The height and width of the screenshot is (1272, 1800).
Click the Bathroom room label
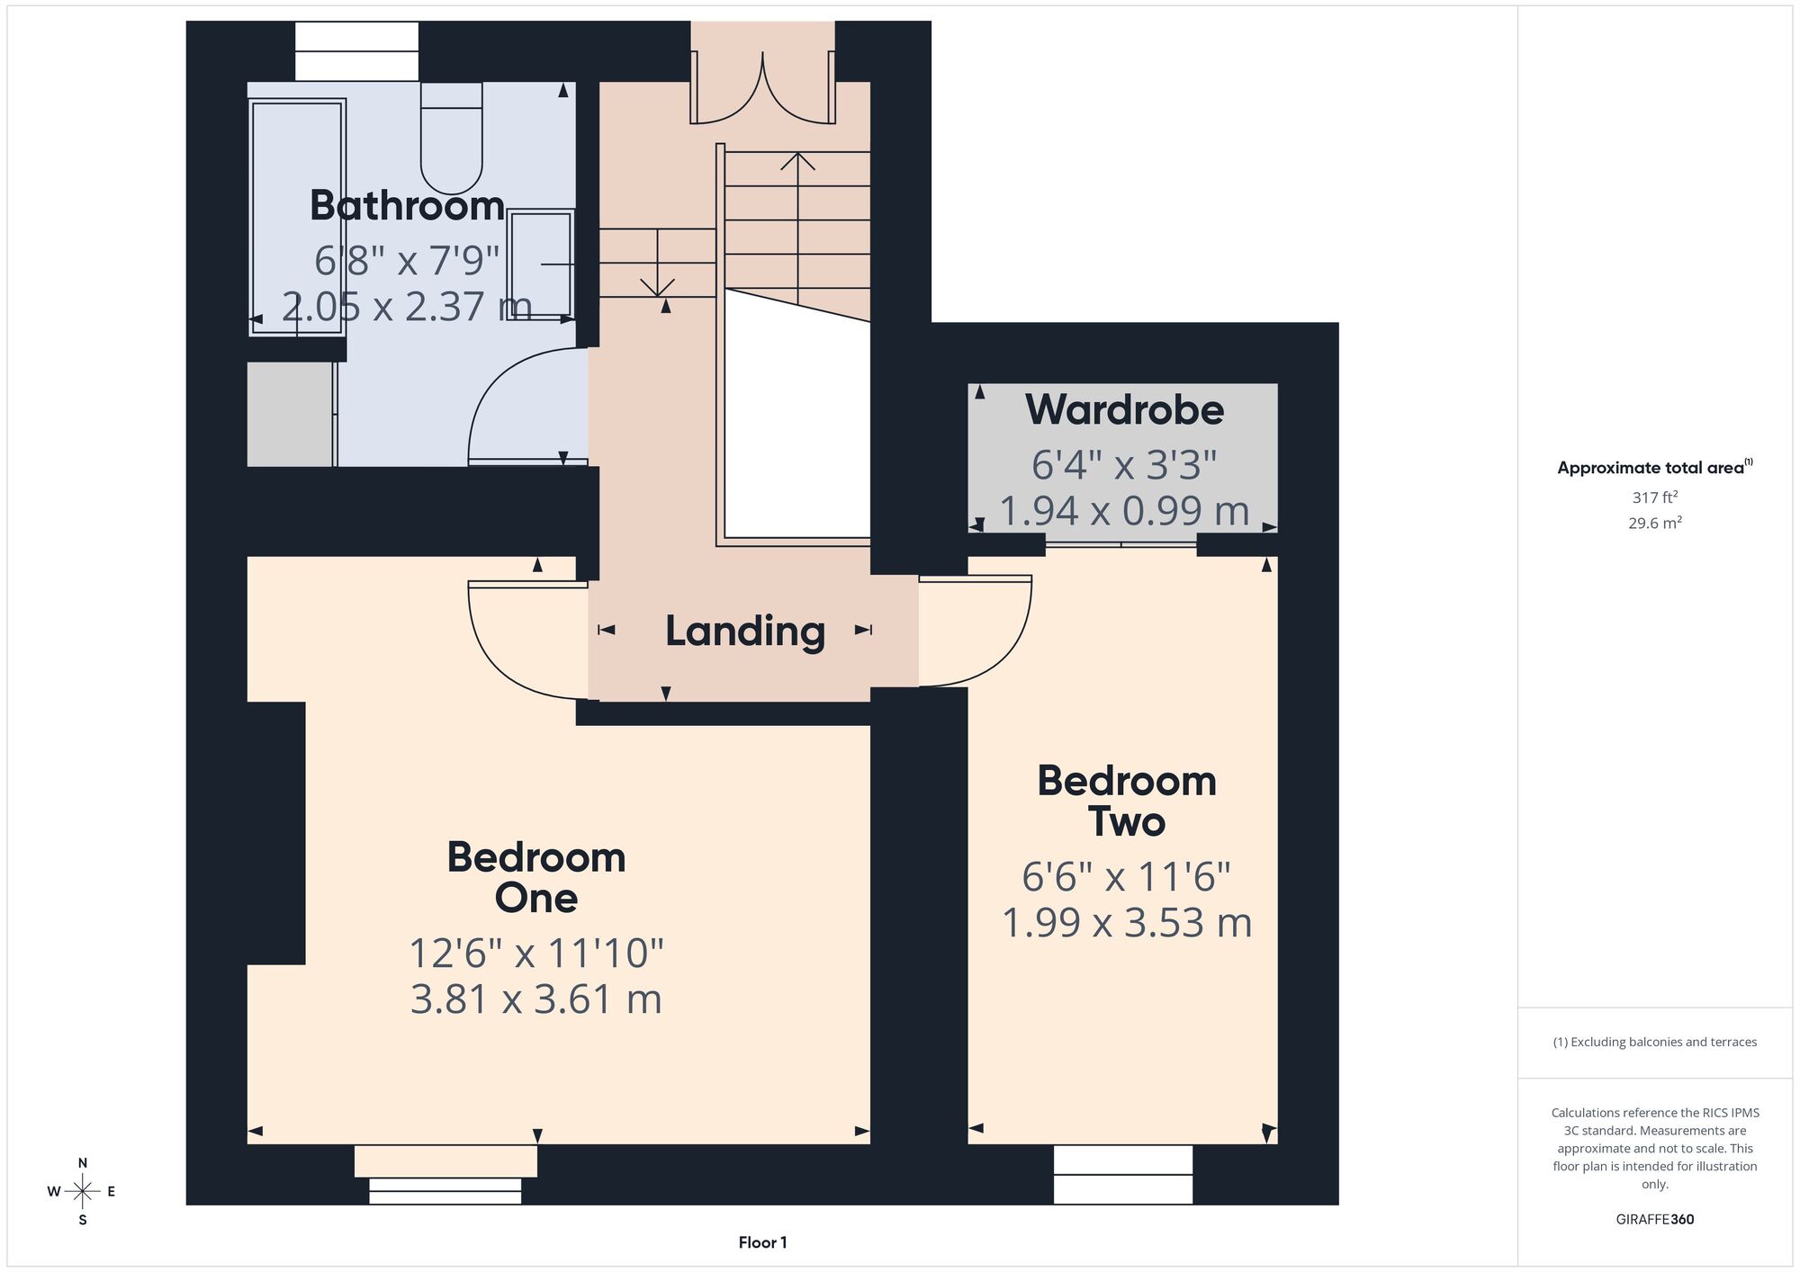[x=407, y=206]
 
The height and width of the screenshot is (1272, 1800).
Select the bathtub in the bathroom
[x=297, y=217]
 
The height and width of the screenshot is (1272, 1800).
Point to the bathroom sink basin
[x=540, y=264]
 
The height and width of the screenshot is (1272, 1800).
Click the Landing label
[x=745, y=632]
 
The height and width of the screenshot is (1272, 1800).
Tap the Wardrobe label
[x=1124, y=410]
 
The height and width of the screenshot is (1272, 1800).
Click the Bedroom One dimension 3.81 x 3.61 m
[x=536, y=999]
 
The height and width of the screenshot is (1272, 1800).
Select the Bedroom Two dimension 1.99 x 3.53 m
[x=1127, y=923]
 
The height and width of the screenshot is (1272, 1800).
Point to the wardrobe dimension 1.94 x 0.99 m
[x=1124, y=511]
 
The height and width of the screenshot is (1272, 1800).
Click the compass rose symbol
[x=83, y=1192]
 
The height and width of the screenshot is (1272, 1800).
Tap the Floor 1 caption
[x=762, y=1242]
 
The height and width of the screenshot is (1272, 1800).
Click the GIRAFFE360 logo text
[x=1654, y=1220]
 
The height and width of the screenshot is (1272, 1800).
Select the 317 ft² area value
[x=1654, y=497]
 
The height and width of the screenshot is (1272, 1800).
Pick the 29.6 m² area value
[x=1654, y=522]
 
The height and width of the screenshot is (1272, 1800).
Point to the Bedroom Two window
[x=1123, y=1174]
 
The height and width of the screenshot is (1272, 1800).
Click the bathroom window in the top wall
[x=357, y=51]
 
